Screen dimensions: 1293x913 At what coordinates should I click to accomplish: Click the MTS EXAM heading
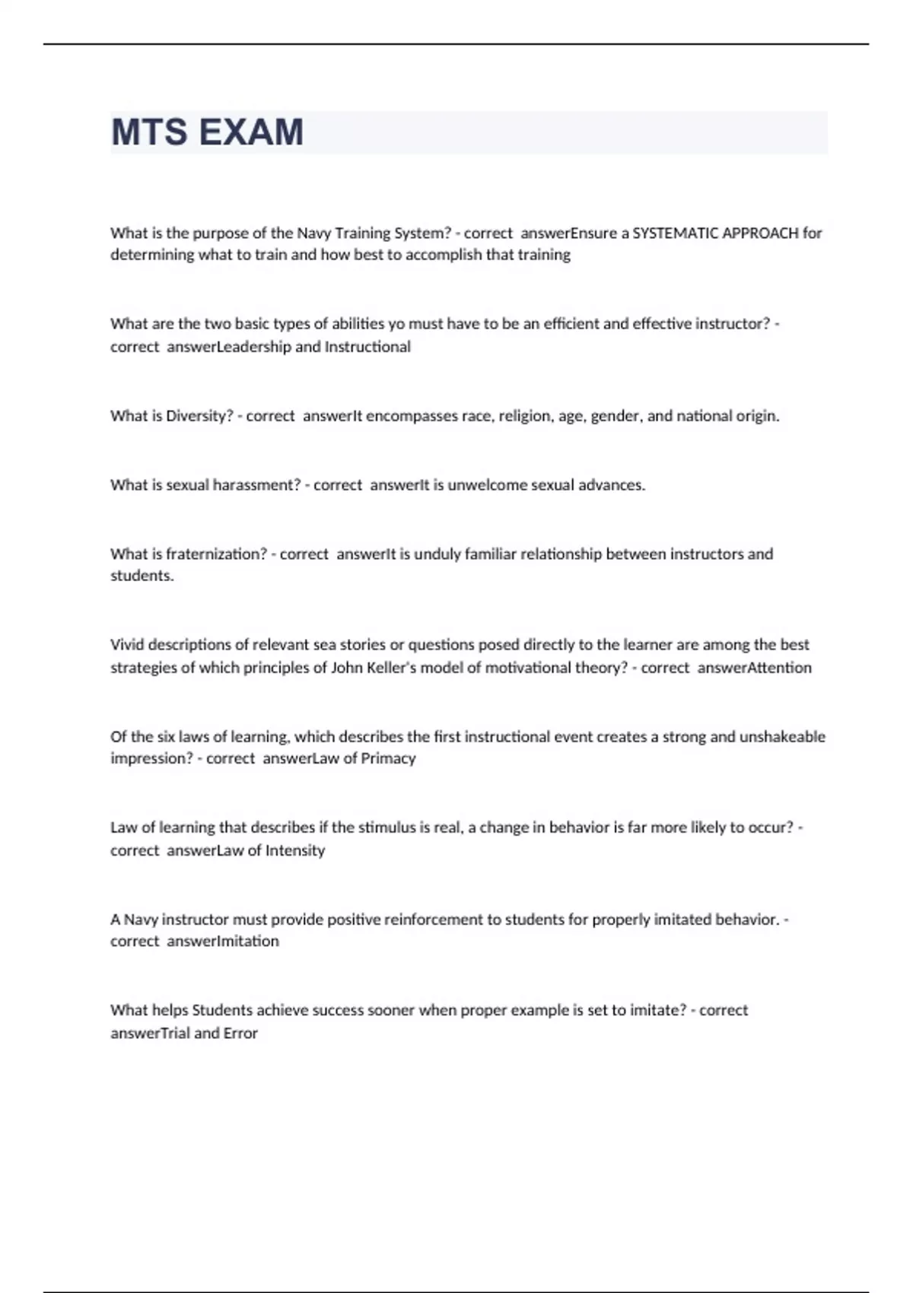pyautogui.click(x=207, y=132)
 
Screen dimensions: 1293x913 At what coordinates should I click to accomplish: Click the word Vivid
pyautogui.click(x=127, y=645)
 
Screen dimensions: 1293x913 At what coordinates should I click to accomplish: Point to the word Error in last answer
pyautogui.click(x=240, y=1033)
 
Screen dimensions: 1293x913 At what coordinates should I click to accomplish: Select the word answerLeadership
pyautogui.click(x=228, y=347)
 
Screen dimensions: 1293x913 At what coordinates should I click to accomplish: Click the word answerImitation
pyautogui.click(x=222, y=942)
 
